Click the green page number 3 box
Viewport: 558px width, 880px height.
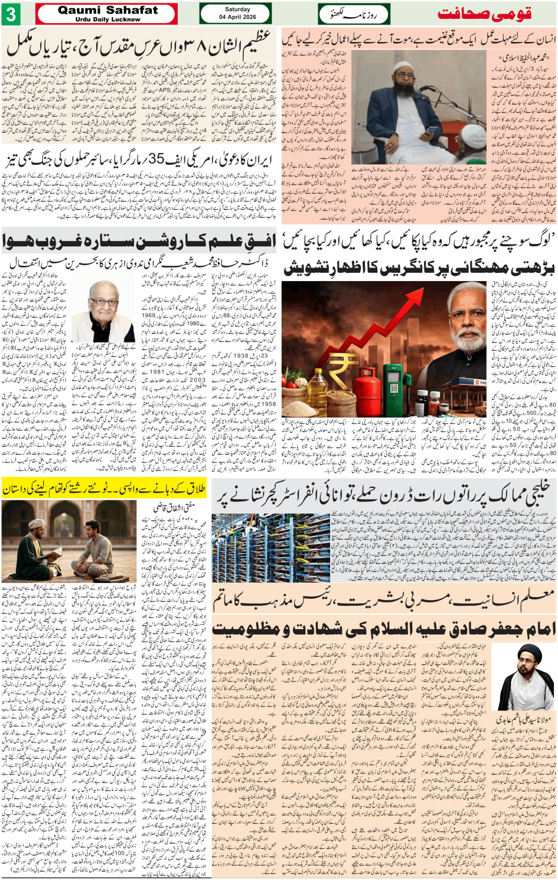click(x=11, y=14)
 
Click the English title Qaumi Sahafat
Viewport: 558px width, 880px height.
click(x=107, y=10)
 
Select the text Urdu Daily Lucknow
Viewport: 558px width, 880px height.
click(x=107, y=19)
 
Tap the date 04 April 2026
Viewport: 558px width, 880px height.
click(x=237, y=17)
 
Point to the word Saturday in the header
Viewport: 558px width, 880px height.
click(x=237, y=9)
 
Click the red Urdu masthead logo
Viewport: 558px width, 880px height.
click(x=484, y=14)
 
